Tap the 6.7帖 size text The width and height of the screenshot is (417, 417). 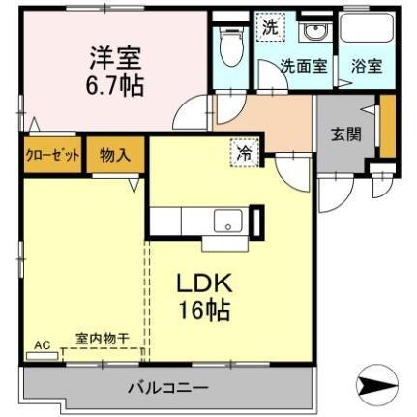[x=112, y=85]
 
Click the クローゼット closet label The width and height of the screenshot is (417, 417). [x=52, y=155]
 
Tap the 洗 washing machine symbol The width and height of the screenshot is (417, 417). [x=270, y=27]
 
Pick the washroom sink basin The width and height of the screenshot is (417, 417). [x=314, y=32]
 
